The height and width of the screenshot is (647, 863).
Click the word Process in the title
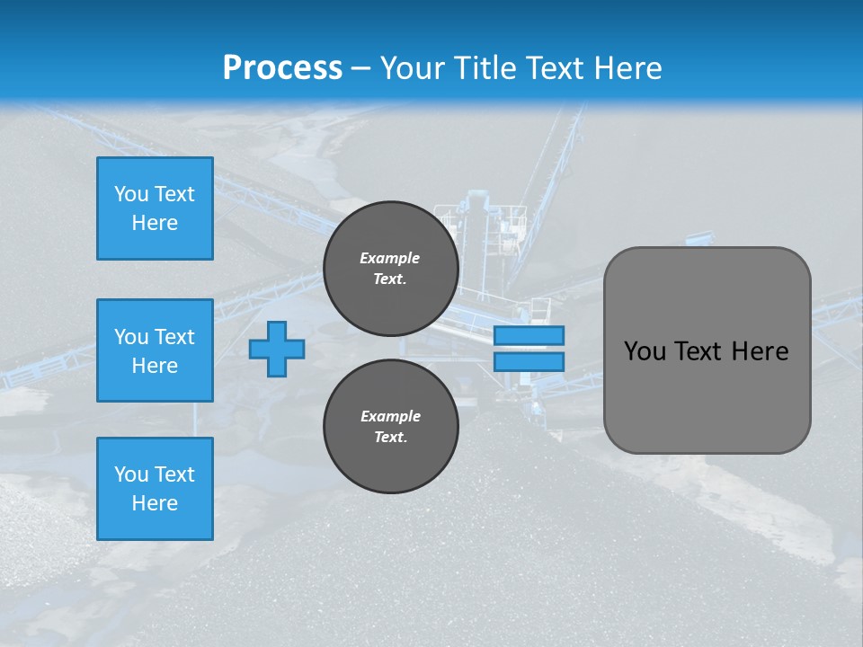tap(282, 68)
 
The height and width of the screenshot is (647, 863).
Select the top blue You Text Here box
tap(155, 208)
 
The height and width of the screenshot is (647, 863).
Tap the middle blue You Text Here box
tap(155, 350)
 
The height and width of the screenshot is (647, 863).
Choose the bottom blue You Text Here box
tap(155, 489)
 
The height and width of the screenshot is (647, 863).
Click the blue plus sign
tap(277, 349)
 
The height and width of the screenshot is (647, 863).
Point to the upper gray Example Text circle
tap(390, 269)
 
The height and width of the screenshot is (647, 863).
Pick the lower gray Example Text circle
tap(390, 427)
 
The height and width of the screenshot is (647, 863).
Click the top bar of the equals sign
tap(529, 335)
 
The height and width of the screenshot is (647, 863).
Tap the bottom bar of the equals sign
tap(529, 361)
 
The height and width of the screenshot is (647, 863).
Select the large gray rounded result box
tap(707, 350)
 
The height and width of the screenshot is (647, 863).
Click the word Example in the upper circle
tap(390, 258)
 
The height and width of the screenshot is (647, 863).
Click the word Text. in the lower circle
tap(390, 438)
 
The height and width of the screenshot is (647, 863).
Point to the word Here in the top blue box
tap(155, 223)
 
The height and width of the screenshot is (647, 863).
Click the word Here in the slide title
tap(627, 68)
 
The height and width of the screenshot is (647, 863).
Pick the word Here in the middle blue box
tap(155, 366)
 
